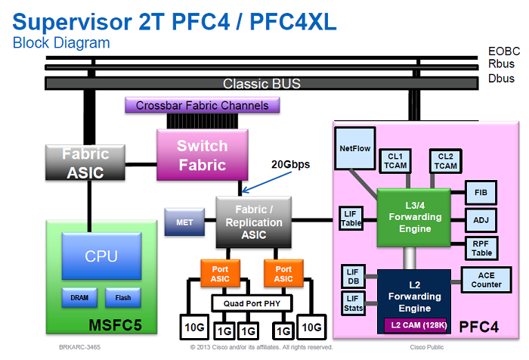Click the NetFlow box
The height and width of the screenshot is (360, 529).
coord(355,149)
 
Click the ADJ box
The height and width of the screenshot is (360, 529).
coord(481,220)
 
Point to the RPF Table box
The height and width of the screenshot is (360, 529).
coord(481,248)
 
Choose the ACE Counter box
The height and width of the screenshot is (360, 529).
coord(486,280)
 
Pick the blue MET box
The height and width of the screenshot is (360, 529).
coord(183,222)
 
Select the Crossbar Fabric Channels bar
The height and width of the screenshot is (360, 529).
coord(202,106)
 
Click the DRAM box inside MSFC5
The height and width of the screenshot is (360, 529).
coord(79,297)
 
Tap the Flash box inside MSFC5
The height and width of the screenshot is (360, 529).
coord(123,297)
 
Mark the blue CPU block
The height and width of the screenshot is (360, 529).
coord(101,256)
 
